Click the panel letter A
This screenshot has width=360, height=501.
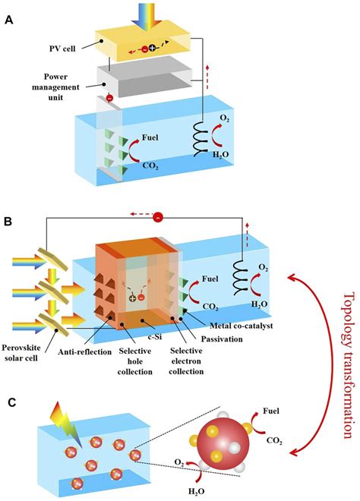tap(9, 23)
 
